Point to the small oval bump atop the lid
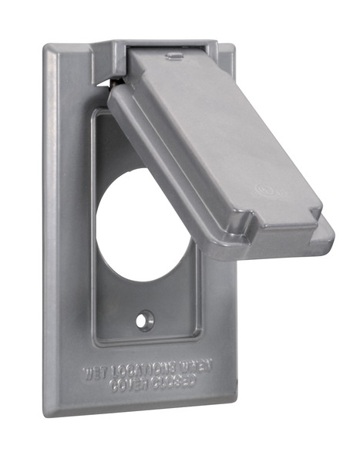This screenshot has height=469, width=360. click(174, 55)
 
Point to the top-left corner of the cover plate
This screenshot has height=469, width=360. click(51, 49)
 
